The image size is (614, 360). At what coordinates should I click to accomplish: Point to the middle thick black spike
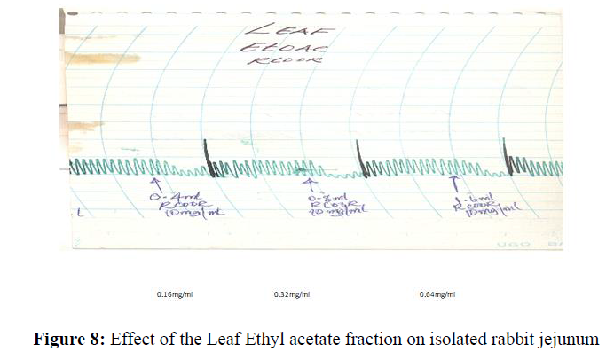point(358,155)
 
